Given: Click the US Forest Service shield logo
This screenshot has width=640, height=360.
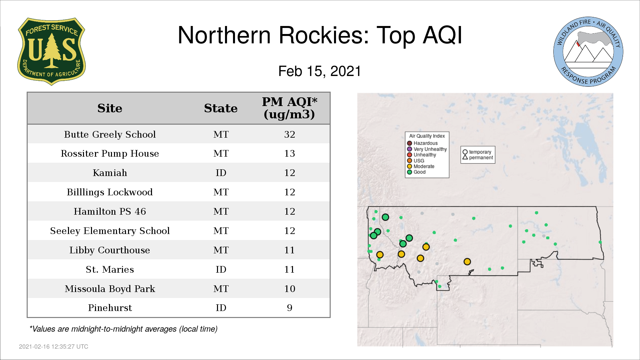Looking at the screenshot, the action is [x=51, y=51].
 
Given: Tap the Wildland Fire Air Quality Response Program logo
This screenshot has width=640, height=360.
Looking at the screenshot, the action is [x=588, y=52].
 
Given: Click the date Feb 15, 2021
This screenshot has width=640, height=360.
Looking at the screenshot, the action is [x=320, y=71].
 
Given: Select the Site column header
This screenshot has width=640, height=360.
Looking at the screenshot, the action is [x=110, y=108].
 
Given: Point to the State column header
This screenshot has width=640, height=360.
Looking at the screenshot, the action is [x=221, y=108].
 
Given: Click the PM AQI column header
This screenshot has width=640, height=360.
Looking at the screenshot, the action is [x=289, y=108].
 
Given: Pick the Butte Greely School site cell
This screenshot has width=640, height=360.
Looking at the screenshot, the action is [x=110, y=134].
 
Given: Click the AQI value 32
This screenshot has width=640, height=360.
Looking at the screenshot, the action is [x=290, y=134].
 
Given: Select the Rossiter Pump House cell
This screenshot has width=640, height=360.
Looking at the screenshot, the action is [x=110, y=153].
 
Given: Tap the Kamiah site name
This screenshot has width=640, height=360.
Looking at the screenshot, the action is [x=110, y=173].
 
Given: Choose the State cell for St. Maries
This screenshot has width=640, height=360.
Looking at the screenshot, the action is [x=221, y=269].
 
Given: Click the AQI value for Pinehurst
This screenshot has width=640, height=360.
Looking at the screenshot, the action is [x=290, y=308].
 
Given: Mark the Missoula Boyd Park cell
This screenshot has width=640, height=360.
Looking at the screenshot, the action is [x=110, y=289].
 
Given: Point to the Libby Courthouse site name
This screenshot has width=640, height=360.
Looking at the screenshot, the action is [x=110, y=250].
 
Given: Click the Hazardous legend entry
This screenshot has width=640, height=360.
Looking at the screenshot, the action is [x=422, y=143].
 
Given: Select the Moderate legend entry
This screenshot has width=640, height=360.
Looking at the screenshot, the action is [x=421, y=166].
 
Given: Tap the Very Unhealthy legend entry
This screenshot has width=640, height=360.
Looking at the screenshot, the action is [x=427, y=149].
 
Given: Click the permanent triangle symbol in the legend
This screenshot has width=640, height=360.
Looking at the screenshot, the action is [x=465, y=157].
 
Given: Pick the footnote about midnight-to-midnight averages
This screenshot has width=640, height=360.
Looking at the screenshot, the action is [x=123, y=329].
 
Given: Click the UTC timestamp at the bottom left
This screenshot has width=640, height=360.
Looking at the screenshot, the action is [x=54, y=347].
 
